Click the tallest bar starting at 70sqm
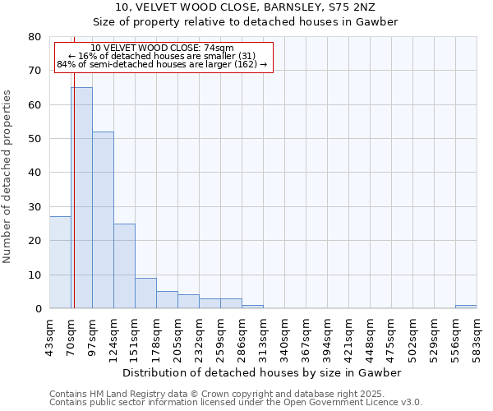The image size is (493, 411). [81, 197]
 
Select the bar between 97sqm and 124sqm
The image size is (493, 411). [103, 219]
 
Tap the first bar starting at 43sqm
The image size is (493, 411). [60, 262]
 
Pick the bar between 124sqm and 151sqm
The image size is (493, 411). [124, 266]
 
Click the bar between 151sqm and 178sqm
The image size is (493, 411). [145, 293]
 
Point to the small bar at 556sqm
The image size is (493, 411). [466, 307]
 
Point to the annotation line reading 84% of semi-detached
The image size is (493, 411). [162, 64]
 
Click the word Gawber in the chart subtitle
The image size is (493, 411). [378, 22]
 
